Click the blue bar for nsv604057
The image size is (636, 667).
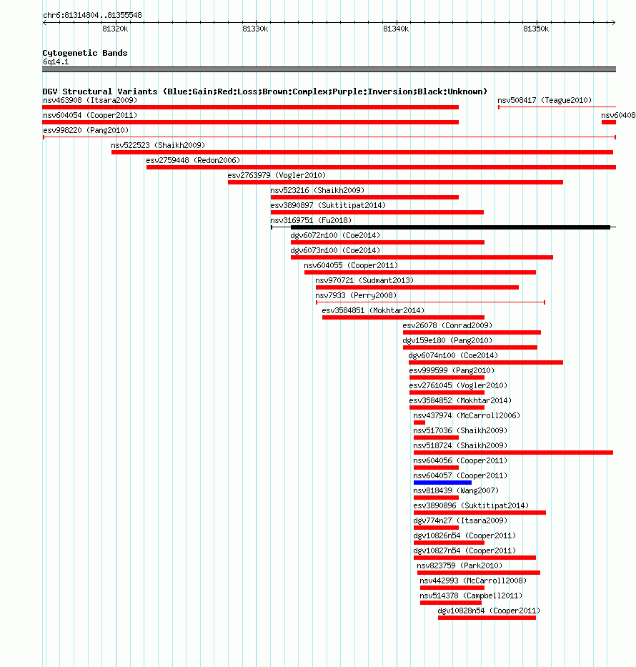coord(442,483)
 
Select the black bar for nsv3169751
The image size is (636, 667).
coord(451,227)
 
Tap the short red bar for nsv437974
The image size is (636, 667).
coord(419,423)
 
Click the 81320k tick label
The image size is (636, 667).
coord(115,29)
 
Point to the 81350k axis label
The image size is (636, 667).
coord(536,29)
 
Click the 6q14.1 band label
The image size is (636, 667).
coord(56,61)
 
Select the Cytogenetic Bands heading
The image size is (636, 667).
coord(85,53)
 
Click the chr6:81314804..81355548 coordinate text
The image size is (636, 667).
coord(93,15)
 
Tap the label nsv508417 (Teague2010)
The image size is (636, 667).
coord(545,100)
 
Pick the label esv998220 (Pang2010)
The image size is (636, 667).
coord(86,130)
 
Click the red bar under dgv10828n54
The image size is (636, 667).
coord(487,618)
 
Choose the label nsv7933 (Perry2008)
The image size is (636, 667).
coord(356,295)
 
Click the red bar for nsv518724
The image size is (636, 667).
coord(513,453)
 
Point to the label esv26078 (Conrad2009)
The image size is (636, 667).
coord(447,325)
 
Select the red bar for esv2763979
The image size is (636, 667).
coord(395,182)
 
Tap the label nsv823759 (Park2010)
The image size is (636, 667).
coord(459,565)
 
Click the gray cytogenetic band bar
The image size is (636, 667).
coord(329,69)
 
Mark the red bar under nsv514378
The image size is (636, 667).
coord(451,603)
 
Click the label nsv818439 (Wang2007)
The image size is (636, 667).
coord(456,490)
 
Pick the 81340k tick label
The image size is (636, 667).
coord(396,29)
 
